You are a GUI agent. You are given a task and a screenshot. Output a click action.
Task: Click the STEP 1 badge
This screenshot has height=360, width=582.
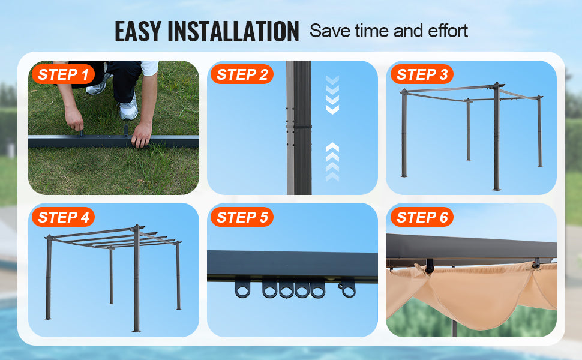[x=63, y=74]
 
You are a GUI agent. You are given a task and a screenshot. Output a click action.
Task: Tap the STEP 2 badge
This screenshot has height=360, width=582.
[x=242, y=74]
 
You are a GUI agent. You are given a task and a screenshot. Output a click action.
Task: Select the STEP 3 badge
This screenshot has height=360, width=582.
[x=422, y=74]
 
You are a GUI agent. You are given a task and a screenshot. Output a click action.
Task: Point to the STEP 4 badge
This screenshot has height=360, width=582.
[x=63, y=217]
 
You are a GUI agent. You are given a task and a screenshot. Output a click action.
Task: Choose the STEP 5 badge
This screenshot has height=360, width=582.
[x=242, y=217]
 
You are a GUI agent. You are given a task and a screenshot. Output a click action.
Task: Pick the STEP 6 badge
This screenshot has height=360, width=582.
[x=422, y=217]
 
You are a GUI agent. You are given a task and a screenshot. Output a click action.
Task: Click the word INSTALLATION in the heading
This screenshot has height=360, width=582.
[x=233, y=31]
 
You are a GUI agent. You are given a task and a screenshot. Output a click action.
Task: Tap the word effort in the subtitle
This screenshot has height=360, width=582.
[x=448, y=31]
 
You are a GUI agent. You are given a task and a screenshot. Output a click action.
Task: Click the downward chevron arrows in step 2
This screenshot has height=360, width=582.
[x=332, y=95]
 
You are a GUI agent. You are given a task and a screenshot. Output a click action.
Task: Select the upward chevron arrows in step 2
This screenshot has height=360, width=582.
[x=332, y=162]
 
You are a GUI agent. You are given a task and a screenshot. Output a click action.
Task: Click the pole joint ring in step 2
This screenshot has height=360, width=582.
[x=299, y=127]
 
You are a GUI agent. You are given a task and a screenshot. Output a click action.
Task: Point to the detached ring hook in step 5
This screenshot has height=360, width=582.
[x=347, y=289]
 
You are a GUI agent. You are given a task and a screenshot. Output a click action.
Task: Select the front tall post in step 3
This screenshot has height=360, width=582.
[x=497, y=137]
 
